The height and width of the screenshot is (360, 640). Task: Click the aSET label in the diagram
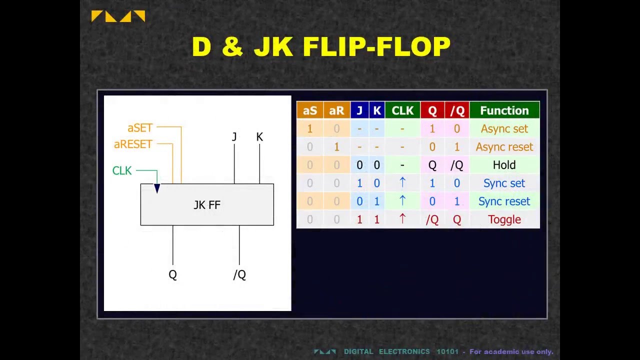click(x=139, y=128)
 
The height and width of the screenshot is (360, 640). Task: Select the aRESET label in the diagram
click(x=132, y=144)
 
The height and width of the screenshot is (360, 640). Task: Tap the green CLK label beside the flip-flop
click(x=122, y=171)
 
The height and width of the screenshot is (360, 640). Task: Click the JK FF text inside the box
click(x=207, y=205)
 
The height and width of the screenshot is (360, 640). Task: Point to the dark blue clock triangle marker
click(x=157, y=188)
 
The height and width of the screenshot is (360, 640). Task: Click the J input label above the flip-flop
click(x=234, y=137)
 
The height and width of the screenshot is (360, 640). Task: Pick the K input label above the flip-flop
click(x=259, y=137)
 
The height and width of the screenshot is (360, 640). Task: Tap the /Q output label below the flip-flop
click(x=239, y=275)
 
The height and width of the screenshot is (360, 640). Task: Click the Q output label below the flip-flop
click(x=172, y=275)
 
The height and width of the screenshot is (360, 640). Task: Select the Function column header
click(x=504, y=110)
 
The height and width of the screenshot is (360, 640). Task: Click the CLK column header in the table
click(x=402, y=110)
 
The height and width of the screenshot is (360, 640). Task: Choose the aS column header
click(x=309, y=110)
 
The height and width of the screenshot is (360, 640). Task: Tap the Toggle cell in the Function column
click(x=504, y=219)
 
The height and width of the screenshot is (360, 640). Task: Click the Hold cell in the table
click(x=504, y=165)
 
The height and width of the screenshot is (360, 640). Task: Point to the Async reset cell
click(x=504, y=147)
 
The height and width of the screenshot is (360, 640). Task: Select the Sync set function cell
click(x=504, y=183)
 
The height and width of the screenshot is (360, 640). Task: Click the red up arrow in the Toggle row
click(x=402, y=219)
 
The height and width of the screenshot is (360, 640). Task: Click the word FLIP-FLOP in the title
click(x=376, y=47)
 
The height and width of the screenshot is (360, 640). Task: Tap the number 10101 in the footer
click(x=447, y=351)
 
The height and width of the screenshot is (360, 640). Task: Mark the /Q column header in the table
click(x=456, y=110)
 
